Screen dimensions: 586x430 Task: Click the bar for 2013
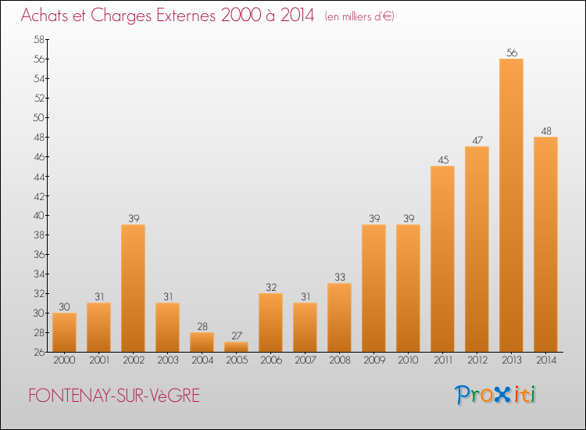pos(511,206)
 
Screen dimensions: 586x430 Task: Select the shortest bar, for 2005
pos(236,347)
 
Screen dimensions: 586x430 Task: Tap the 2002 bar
pos(133,288)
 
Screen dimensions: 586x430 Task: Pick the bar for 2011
pos(442,259)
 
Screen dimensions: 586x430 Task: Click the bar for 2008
pos(339,317)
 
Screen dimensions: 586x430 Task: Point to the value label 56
pos(512,52)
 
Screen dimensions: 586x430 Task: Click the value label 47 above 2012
pos(477,140)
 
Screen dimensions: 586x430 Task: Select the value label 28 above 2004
pos(202,327)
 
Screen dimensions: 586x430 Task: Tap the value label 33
pos(340,277)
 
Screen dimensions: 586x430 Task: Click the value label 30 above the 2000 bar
pos(64,306)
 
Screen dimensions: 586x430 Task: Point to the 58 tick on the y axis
pos(39,39)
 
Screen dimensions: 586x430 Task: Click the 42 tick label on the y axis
pos(39,196)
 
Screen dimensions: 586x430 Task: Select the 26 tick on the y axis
pos(39,353)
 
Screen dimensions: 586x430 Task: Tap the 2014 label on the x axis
pos(546,360)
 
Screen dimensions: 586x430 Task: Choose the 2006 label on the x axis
pos(271,360)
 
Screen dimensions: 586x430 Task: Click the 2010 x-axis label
pos(408,360)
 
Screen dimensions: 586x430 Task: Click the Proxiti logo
pos(495,395)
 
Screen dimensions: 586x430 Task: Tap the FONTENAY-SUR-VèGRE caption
pos(114,396)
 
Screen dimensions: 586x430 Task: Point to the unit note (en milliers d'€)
pos(359,17)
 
